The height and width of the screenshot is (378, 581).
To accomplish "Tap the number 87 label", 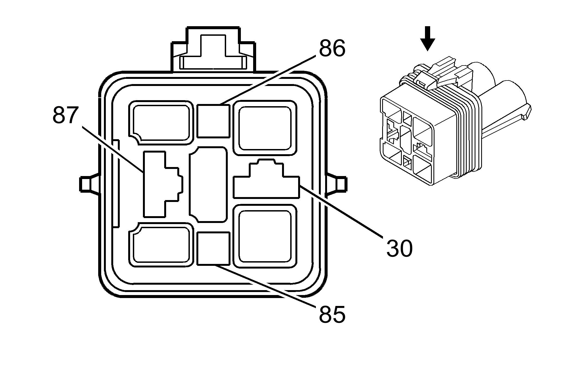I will coord(65,115).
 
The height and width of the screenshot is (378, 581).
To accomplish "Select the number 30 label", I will coord(399,248).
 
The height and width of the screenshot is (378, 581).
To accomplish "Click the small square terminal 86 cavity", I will coord(213,121).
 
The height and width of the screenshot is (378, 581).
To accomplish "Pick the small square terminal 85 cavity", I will coord(213,248).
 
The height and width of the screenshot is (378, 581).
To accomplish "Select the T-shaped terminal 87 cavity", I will coord(158,184).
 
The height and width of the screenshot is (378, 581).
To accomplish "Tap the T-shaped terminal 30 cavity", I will coord(266,183).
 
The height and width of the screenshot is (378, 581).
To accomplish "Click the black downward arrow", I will coord(427,38).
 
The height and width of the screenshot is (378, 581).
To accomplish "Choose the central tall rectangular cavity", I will coord(208,184).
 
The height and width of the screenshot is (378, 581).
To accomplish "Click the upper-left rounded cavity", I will coord(161,122).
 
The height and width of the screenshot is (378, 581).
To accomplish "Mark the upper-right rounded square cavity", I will coord(265,128).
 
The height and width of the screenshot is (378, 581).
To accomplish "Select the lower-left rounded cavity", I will coord(161,245).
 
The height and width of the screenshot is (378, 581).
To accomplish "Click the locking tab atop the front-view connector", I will coord(213,52).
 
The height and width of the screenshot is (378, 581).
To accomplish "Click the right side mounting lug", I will coord(338,184).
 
